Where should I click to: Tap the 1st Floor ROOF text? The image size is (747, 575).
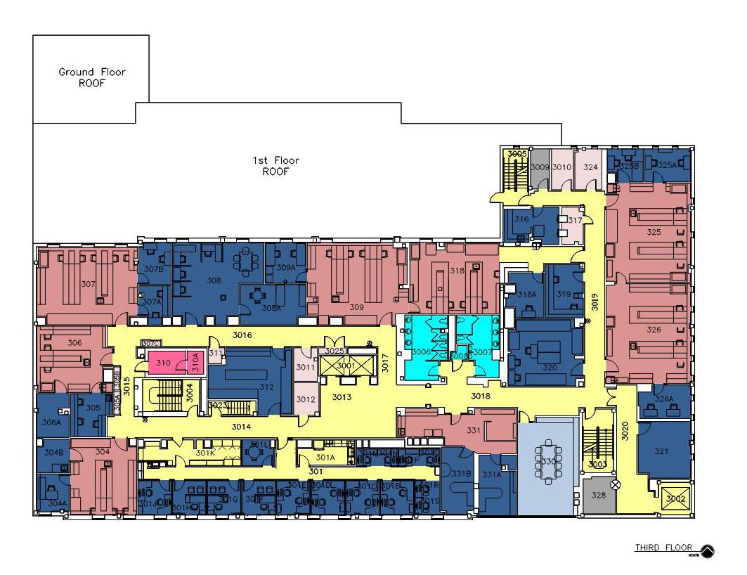(275, 166)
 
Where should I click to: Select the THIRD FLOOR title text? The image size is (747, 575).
(663, 548)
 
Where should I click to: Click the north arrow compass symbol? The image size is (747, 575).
(706, 551)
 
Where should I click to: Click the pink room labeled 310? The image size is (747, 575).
(164, 363)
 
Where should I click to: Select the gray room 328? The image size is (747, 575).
(598, 496)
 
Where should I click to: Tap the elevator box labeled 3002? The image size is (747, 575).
(675, 498)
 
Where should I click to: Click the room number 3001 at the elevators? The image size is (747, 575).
(346, 366)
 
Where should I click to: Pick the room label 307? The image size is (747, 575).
(88, 285)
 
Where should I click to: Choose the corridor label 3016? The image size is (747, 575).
(242, 335)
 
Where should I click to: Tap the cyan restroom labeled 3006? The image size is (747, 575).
(421, 351)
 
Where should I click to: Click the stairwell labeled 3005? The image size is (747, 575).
(517, 153)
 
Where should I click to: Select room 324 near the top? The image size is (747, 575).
(590, 167)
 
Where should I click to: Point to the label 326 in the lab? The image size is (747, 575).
(654, 330)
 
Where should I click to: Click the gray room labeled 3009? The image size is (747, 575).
(540, 167)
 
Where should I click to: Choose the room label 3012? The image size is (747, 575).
(305, 399)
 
